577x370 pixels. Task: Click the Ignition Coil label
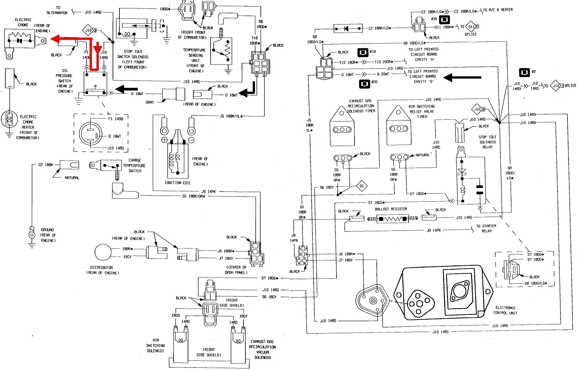pyautogui.click(x=178, y=183)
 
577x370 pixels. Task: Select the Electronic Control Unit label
pyautogui.click(x=505, y=310)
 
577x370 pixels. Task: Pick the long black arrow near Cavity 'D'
pyautogui.click(x=462, y=78)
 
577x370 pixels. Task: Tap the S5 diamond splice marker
pyautogui.click(x=361, y=186)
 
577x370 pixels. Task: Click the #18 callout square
pyautogui.click(x=363, y=53)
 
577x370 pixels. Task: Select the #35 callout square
pyautogui.click(x=444, y=19)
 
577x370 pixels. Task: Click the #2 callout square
pyautogui.click(x=524, y=72)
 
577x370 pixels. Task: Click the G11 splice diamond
pyautogui.click(x=472, y=27)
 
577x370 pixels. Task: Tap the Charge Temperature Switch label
pyautogui.click(x=134, y=166)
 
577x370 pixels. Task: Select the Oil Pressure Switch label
pyautogui.click(x=64, y=81)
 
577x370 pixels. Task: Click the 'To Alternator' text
pyautogui.click(x=57, y=10)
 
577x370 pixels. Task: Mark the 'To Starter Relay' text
pyautogui.click(x=486, y=229)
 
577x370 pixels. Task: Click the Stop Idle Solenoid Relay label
pyautogui.click(x=487, y=142)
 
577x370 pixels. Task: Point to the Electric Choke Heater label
pyautogui.click(x=28, y=127)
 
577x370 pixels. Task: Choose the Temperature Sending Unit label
pyautogui.click(x=195, y=60)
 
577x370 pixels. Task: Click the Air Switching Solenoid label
pyautogui.click(x=156, y=345)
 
